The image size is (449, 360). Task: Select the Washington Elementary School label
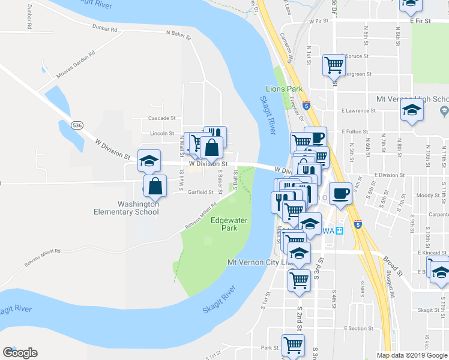[x=126, y=208]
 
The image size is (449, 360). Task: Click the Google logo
[x=20, y=352]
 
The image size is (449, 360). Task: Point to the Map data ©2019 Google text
[x=411, y=355]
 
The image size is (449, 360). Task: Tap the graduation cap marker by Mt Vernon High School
[x=412, y=110]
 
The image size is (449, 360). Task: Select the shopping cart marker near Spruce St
[x=334, y=64]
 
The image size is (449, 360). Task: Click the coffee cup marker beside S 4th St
[x=340, y=193]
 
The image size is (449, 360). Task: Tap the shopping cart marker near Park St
[x=293, y=345]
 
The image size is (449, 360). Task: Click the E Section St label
[x=359, y=328]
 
